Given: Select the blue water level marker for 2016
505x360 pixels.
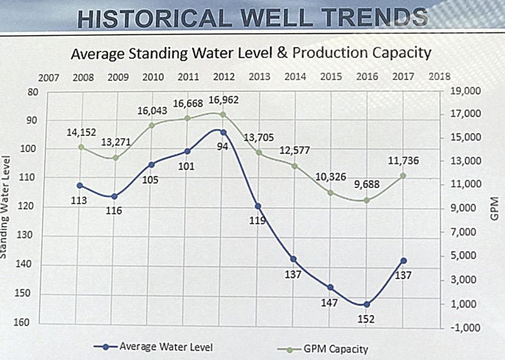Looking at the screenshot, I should point(367,304).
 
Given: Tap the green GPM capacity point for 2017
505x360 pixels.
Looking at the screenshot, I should point(404,176).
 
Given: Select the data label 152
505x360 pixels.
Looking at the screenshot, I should point(366,319).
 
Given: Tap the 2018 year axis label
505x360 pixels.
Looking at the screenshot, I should point(439,76).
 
